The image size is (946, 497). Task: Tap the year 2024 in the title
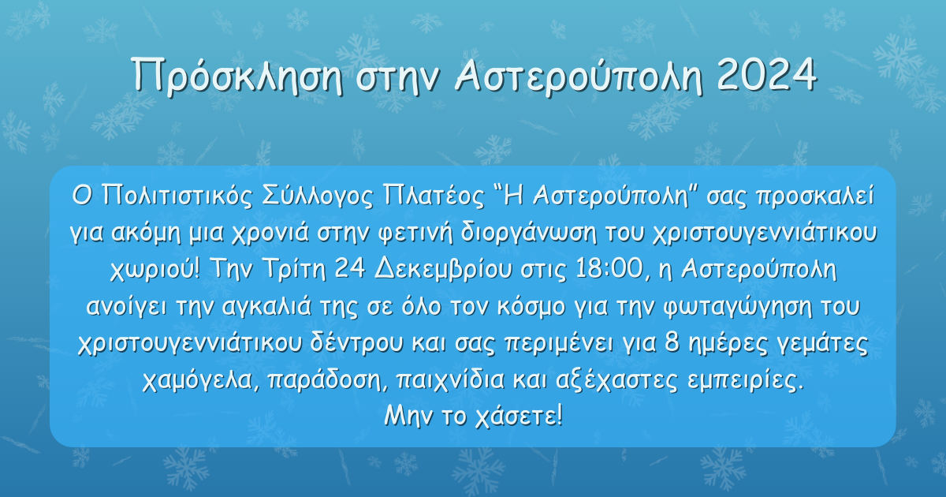click(766, 74)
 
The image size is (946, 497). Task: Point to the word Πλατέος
click(434, 196)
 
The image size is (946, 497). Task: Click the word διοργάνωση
click(528, 234)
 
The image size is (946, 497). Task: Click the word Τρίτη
click(294, 270)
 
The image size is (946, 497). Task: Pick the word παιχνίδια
click(450, 380)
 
